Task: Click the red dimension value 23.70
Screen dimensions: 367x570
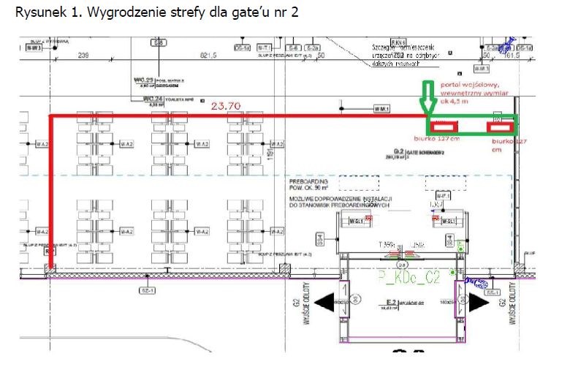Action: pyautogui.click(x=225, y=107)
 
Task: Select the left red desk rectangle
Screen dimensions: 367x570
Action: pyautogui.click(x=445, y=126)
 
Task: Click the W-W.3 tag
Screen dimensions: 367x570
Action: pyautogui.click(x=34, y=48)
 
